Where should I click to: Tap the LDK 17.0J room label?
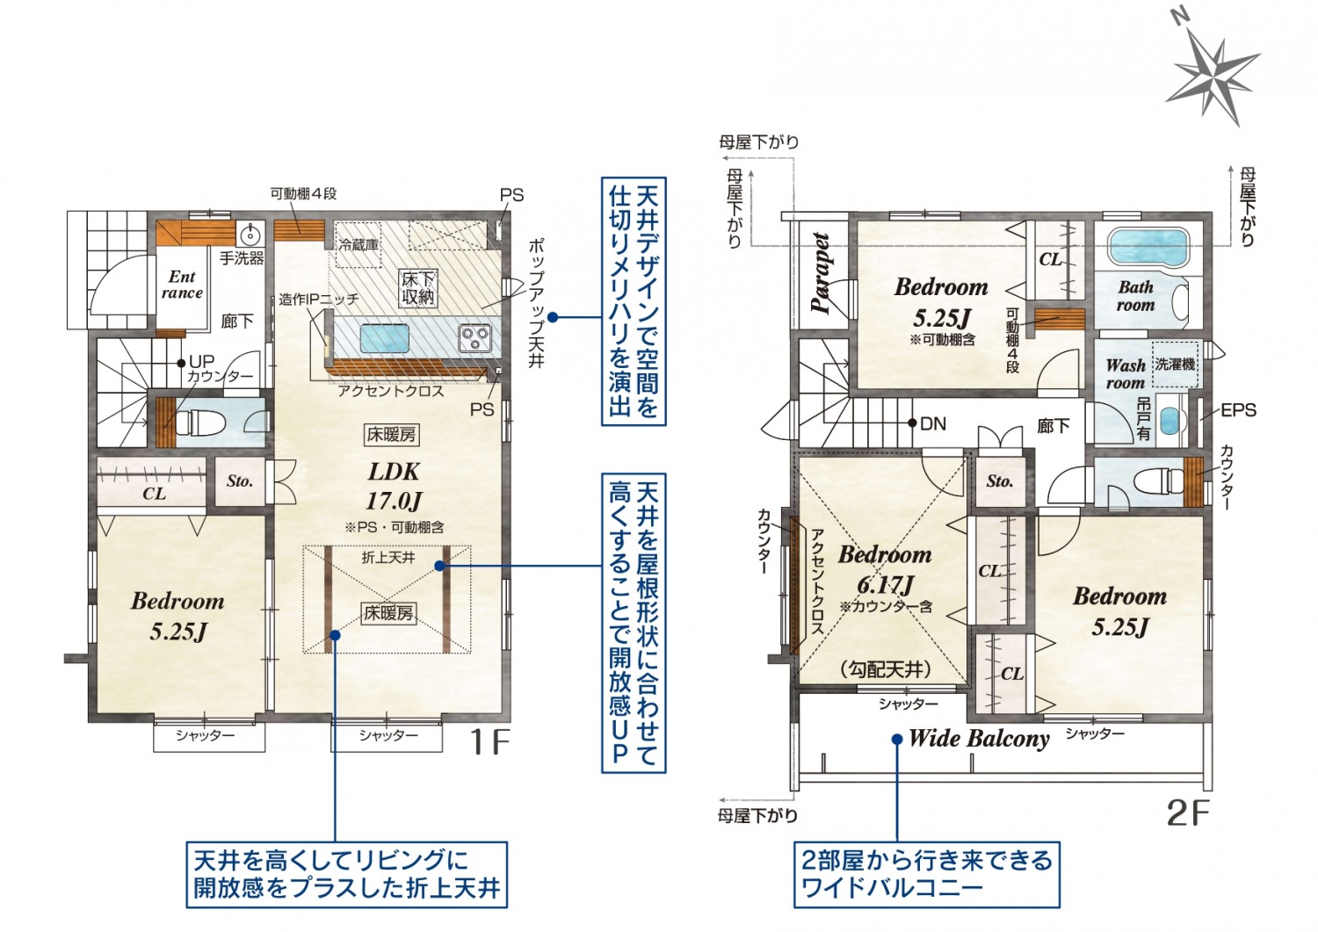[x=394, y=486]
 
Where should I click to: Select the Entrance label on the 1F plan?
[x=183, y=285]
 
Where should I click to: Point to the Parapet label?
[x=821, y=272]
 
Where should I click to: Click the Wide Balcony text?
[x=979, y=739]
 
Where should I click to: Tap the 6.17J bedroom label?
[x=885, y=569]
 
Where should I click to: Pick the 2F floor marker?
[x=1188, y=813]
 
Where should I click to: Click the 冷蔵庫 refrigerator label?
[x=358, y=244]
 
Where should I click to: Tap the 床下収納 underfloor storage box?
[x=417, y=288]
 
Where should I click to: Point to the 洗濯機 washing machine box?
[x=1175, y=365]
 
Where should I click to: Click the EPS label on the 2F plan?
[x=1238, y=410]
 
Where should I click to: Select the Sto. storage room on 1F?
[x=240, y=481]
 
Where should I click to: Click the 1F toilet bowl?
[x=200, y=423]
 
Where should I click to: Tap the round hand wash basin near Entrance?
[x=250, y=235]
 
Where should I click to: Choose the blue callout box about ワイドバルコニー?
[x=926, y=874]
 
